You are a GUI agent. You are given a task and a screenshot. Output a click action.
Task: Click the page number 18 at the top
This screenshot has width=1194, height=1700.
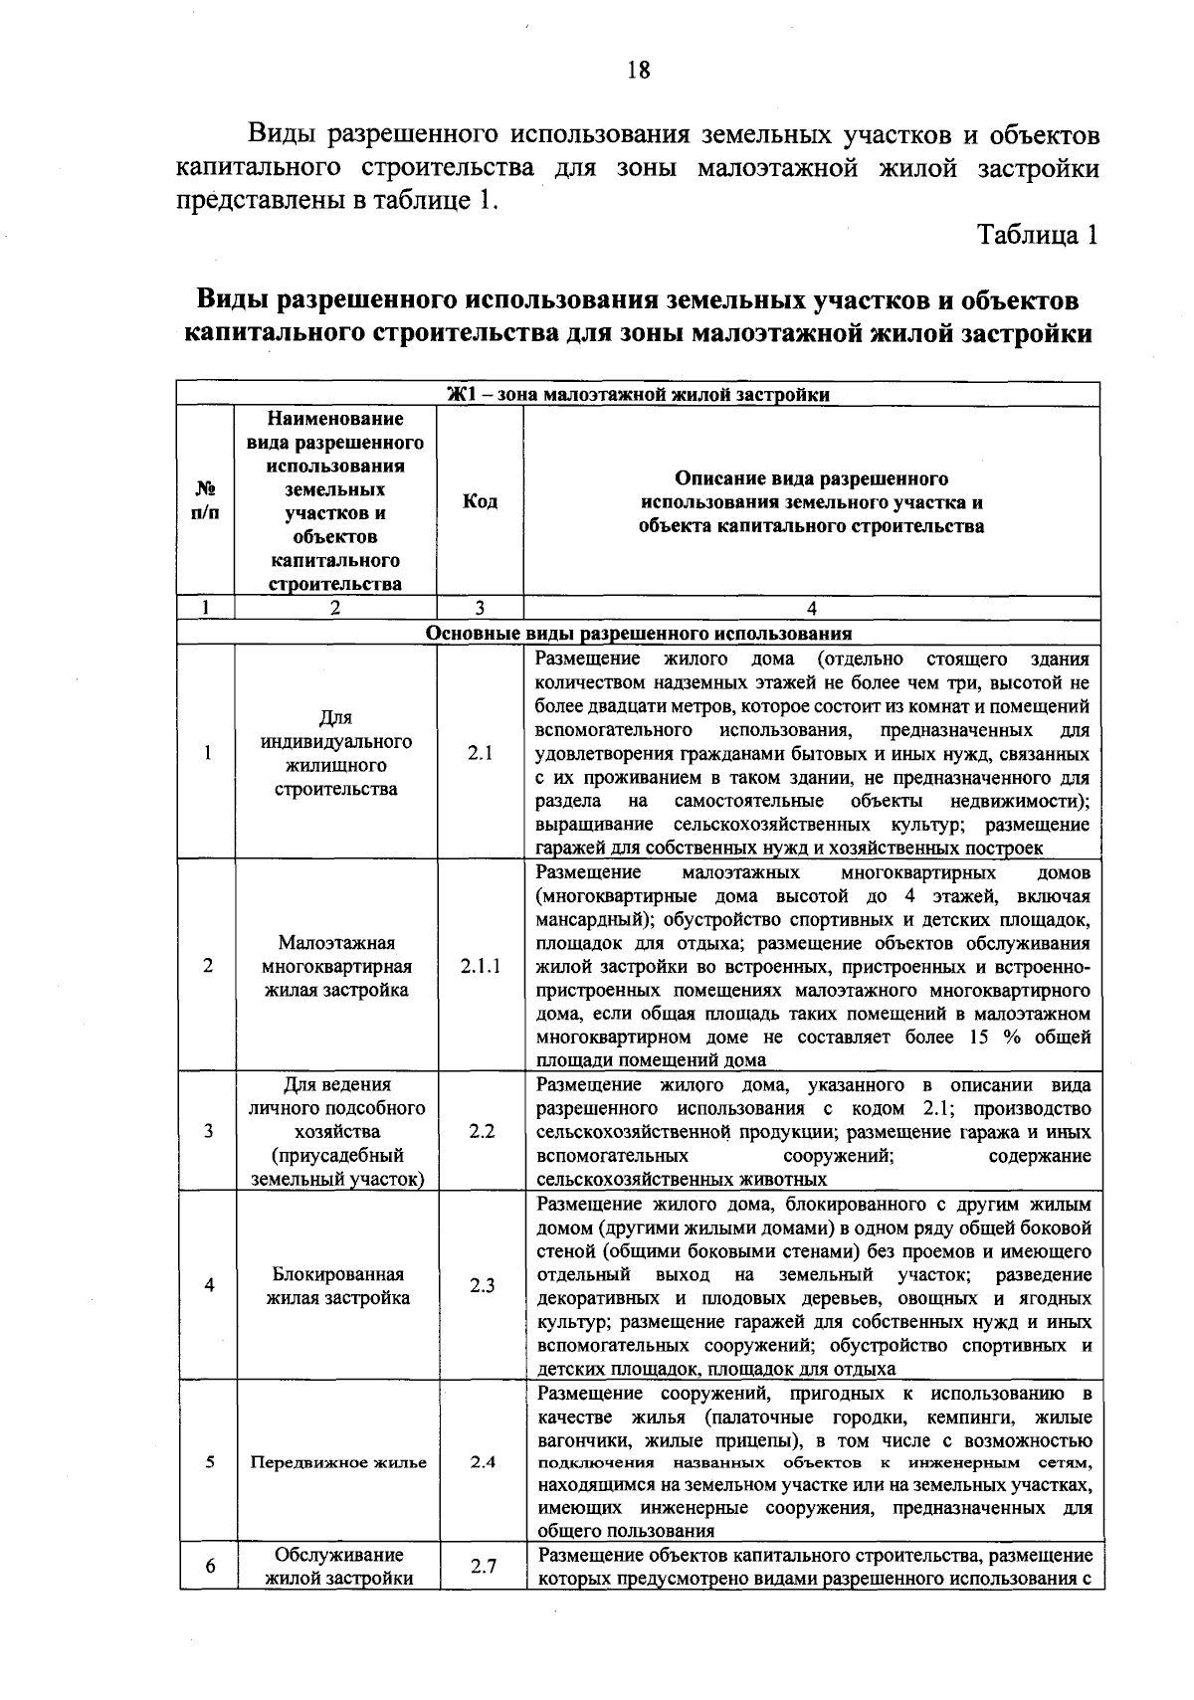click(638, 70)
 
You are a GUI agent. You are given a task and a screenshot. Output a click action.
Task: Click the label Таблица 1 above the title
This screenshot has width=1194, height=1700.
click(1039, 235)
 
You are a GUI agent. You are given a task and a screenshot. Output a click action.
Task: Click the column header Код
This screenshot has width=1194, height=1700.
click(481, 501)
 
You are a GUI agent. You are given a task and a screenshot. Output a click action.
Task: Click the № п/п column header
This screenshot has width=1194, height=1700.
click(206, 501)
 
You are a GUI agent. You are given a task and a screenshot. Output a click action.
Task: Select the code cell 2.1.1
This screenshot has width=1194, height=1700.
click(481, 966)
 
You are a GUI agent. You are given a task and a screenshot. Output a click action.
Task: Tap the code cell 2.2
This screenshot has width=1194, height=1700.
click(481, 1132)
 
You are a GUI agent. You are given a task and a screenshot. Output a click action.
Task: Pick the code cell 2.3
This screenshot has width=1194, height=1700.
click(481, 1285)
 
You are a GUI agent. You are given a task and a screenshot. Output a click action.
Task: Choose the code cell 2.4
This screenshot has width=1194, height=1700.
click(481, 1462)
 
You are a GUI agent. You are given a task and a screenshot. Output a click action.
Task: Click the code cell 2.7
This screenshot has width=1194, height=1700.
click(483, 1567)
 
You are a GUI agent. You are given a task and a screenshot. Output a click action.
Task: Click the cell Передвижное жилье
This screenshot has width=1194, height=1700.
click(338, 1462)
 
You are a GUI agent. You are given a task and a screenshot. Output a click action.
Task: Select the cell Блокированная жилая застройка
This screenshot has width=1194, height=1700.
click(337, 1286)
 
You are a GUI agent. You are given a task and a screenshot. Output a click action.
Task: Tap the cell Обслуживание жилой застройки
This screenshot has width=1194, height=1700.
click(338, 1567)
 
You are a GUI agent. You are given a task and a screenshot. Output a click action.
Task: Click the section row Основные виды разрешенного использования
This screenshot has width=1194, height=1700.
click(638, 633)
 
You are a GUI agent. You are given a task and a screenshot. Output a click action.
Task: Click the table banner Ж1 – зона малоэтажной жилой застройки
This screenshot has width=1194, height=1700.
click(638, 395)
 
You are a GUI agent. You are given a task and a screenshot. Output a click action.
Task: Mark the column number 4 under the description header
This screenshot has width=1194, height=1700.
click(812, 609)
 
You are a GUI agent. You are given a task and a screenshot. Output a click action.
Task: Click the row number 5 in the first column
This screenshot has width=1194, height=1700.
click(208, 1462)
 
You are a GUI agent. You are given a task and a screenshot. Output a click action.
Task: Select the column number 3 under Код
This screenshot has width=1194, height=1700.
click(480, 609)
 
